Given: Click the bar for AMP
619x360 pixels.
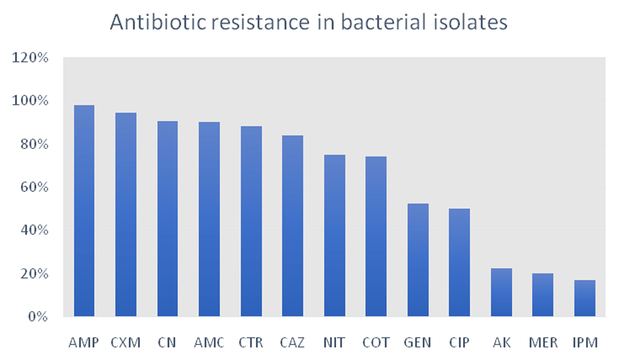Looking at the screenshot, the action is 84,210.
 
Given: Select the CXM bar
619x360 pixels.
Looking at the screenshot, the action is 126,215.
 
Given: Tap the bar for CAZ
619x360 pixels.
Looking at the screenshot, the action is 293,226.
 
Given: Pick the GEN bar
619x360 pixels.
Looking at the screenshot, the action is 418,260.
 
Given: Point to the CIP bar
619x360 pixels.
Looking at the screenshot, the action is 459,262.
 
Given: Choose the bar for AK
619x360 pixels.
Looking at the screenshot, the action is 501,292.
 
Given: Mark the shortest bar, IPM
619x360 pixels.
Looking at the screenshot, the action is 585,298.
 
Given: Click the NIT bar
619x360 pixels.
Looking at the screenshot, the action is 335,236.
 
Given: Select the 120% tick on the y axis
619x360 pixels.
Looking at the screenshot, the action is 30,58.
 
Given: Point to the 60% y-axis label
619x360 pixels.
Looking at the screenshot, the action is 34,187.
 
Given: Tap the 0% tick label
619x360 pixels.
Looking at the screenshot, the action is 38,317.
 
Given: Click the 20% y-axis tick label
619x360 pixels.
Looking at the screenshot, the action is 34,273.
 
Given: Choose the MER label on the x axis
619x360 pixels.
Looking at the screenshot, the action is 543,343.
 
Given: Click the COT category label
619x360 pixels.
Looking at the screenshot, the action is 376,343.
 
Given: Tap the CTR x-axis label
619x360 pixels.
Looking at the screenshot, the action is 251,343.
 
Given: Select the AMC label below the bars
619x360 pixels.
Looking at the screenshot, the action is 209,343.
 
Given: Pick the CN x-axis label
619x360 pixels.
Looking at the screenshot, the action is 167,343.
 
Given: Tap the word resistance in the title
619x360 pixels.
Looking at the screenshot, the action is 261,22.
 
